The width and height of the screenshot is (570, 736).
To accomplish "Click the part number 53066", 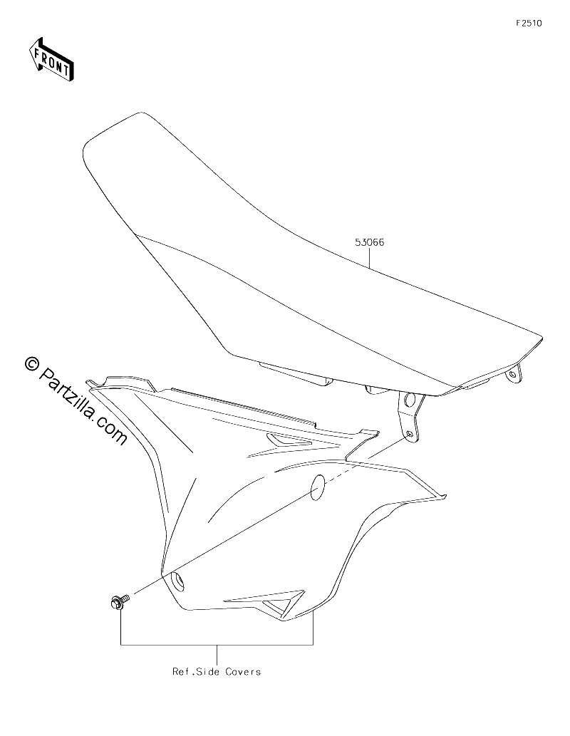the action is pyautogui.click(x=370, y=242).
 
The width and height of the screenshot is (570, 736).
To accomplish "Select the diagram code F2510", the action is pyautogui.click(x=529, y=23).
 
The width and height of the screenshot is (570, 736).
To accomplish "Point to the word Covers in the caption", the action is pyautogui.click(x=243, y=672).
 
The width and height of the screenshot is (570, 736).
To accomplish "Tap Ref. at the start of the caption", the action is pyautogui.click(x=183, y=672).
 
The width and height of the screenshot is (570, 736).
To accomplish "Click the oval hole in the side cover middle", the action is pyautogui.click(x=317, y=487).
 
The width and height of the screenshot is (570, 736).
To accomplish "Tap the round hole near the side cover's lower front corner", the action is pyautogui.click(x=178, y=583).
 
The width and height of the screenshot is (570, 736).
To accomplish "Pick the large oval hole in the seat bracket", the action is pyautogui.click(x=409, y=400).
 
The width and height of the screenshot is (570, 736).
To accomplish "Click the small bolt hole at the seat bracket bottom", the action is pyautogui.click(x=410, y=434).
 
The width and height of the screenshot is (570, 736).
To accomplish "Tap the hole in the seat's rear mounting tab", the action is pyautogui.click(x=513, y=374).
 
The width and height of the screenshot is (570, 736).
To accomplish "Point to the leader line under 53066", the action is pyautogui.click(x=370, y=258).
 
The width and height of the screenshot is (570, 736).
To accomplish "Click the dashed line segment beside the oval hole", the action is pyautogui.click(x=338, y=475).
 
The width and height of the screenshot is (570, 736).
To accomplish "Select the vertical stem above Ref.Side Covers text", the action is pyautogui.click(x=217, y=654).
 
